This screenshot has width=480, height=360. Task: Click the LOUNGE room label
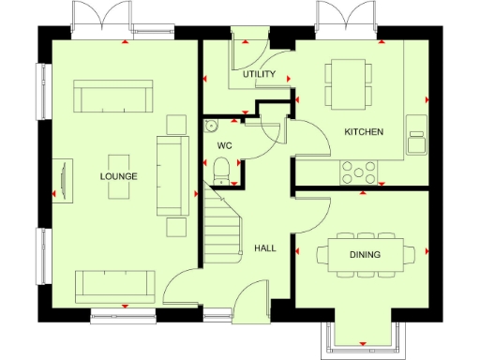click(x=119, y=176)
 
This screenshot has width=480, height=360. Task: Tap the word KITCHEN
click(x=364, y=132)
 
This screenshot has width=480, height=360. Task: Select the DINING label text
click(x=364, y=254)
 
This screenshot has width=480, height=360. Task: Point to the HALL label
click(x=265, y=248)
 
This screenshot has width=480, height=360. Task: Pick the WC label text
click(x=224, y=146)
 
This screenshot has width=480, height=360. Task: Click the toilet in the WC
click(x=222, y=168)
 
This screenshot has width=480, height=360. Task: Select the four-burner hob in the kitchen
click(x=357, y=172)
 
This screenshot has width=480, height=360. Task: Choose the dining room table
click(x=364, y=254)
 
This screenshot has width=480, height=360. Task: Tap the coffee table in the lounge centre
click(x=119, y=175)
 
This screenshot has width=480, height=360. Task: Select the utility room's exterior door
click(x=249, y=37)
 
